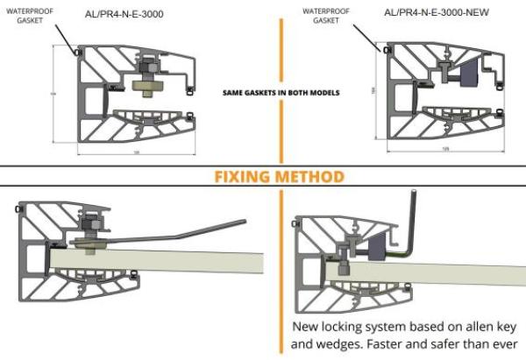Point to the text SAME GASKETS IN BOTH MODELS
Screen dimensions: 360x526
pyautogui.click(x=281, y=91)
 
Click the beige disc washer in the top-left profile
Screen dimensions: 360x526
pyautogui.click(x=152, y=85)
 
